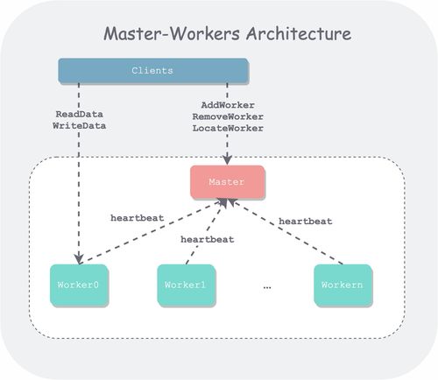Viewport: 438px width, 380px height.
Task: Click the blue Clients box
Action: coord(153,71)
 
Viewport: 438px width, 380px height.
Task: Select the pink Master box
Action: coord(228,182)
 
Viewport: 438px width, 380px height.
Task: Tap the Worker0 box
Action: coord(79,285)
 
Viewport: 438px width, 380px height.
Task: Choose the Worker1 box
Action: coord(186,285)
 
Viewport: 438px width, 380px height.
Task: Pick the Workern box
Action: coord(343,285)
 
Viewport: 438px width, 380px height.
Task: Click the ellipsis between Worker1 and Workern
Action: coord(267,287)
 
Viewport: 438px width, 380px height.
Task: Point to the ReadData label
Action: coord(79,114)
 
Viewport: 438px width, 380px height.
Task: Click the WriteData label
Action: coord(79,126)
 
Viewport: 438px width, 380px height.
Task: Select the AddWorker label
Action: coord(228,105)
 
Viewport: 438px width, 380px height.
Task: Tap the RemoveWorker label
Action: coord(228,116)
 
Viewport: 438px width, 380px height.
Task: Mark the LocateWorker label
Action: coord(228,128)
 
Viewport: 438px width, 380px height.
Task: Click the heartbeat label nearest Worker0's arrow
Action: coord(137,218)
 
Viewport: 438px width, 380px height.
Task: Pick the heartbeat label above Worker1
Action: coord(208,240)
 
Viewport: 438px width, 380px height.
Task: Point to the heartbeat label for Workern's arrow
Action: coord(306,222)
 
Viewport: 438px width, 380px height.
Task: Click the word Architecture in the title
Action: coord(299,33)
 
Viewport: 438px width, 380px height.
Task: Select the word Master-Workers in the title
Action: coord(172,33)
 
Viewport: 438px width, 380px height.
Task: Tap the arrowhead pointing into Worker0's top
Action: coord(79,259)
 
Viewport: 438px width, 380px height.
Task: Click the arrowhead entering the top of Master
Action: coord(227,160)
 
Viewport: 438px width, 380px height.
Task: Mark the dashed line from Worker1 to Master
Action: coord(206,232)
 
